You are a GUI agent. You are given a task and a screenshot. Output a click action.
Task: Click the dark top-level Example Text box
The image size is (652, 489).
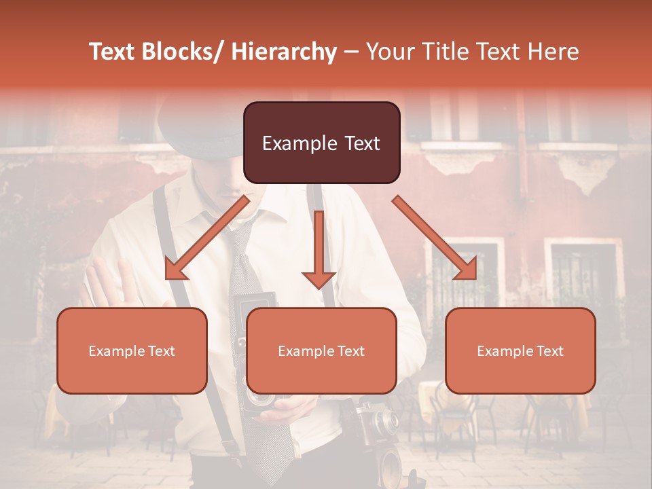tap(321, 143)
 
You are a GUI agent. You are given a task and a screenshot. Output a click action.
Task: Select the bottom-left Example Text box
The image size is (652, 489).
tap(132, 350)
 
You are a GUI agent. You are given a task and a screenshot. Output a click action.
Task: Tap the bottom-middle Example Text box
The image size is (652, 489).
tap(321, 350)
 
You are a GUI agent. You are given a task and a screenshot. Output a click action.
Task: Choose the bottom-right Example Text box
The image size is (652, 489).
tap(520, 350)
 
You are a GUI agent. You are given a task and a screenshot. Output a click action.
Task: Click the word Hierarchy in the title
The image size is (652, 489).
tap(284, 52)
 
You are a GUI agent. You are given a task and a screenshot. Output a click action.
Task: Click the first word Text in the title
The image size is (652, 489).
tap(111, 52)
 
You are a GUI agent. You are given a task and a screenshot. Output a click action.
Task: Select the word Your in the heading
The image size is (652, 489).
tap(388, 52)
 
